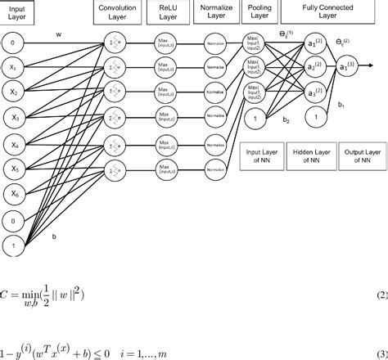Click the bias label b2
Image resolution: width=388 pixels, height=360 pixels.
pyautogui.click(x=286, y=119)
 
